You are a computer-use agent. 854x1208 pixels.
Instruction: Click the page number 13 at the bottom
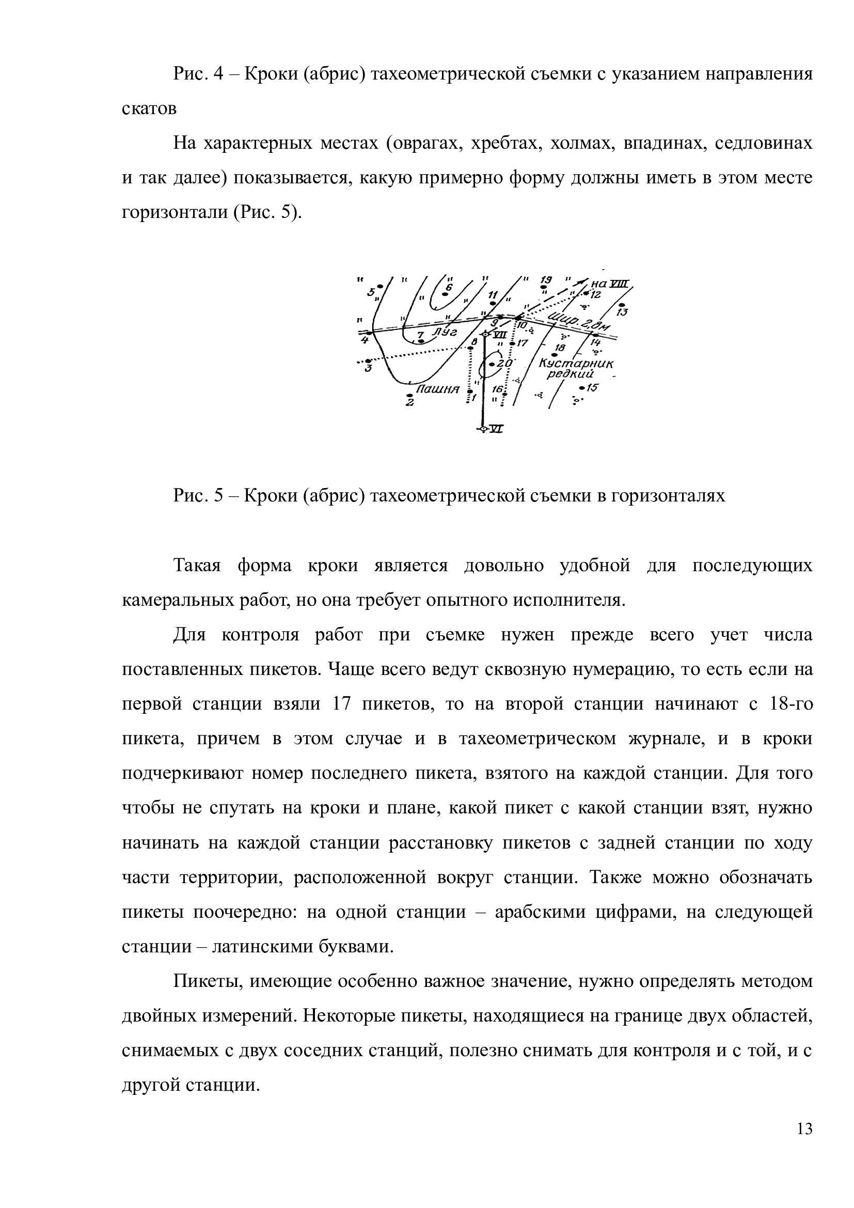point(804,1144)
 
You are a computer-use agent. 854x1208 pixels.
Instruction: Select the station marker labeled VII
point(485,335)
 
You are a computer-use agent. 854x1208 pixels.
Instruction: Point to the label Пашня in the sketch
point(437,390)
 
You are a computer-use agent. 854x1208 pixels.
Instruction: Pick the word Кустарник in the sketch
point(577,363)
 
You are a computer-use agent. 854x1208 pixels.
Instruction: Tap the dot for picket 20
point(492,364)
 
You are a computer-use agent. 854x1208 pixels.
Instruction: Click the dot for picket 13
point(622,305)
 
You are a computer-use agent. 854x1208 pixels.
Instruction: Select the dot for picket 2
point(409,395)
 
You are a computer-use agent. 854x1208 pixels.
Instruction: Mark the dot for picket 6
point(445,294)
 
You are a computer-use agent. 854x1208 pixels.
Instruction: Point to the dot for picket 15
point(581,388)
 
